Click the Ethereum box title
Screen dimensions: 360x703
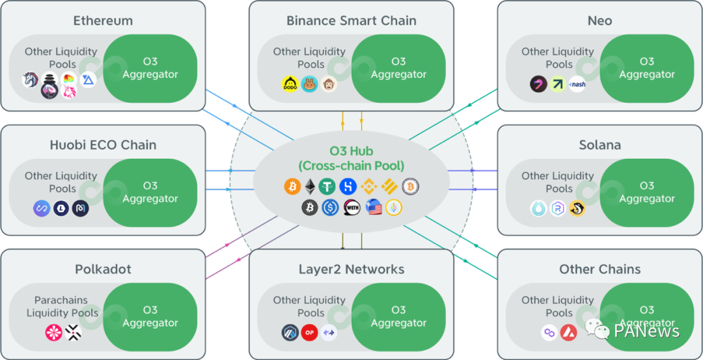pos(103,21)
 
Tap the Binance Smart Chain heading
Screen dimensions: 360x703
pos(351,21)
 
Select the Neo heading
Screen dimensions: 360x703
pos(600,21)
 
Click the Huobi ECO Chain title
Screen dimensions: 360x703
pos(103,145)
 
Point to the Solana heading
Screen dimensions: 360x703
pos(600,145)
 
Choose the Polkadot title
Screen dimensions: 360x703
pos(103,270)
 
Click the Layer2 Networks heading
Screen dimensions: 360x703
pos(351,270)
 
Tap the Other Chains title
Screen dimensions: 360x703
pos(600,270)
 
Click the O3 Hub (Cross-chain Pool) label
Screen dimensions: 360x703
pos(351,159)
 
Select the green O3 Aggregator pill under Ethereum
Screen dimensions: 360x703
pos(150,68)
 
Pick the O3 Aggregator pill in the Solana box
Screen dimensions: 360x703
pos(647,193)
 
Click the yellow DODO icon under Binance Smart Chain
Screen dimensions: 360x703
pos(290,83)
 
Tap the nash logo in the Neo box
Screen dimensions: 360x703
pos(577,84)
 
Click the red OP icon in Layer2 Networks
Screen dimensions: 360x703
pos(310,333)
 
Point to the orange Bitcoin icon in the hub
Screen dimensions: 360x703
pos(293,187)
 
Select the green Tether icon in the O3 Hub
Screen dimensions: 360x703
pos(327,187)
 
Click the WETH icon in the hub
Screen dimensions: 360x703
pos(352,208)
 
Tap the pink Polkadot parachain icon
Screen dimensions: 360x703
pos(53,333)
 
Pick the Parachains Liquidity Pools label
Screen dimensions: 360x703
pos(62,307)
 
